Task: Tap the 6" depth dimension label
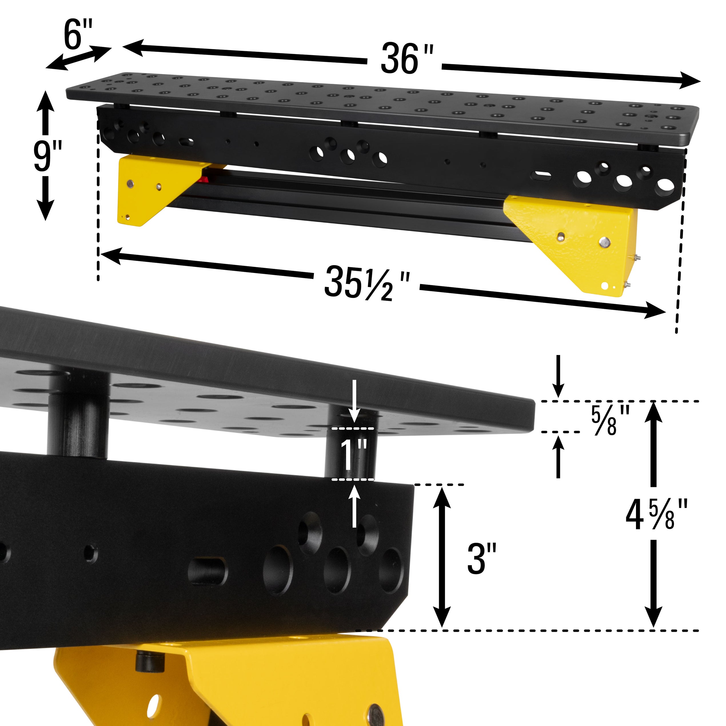(78, 35)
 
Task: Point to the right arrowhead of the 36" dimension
(689, 81)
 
